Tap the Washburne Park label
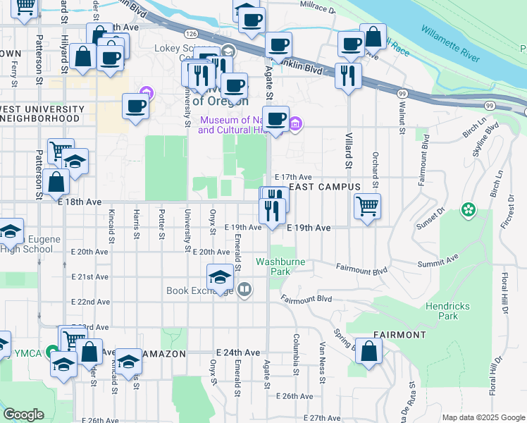[273, 266]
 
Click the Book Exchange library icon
[244, 289]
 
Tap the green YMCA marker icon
[51, 351]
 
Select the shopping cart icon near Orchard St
[367, 207]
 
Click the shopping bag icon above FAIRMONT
[369, 352]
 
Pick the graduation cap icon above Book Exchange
[221, 277]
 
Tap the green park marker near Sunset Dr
[467, 209]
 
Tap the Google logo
[23, 415]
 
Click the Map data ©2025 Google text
[483, 417]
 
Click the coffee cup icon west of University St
[135, 106]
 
